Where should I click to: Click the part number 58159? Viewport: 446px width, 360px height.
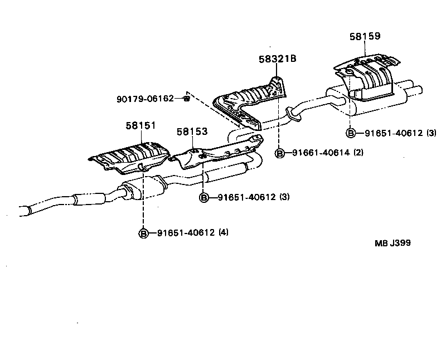(x=365, y=36)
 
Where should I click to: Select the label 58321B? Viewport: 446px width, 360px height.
(x=277, y=59)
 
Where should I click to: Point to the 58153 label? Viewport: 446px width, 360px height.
(x=192, y=132)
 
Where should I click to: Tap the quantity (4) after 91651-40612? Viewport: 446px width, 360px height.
(x=223, y=232)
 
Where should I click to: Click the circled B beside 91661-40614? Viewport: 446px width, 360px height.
(x=280, y=153)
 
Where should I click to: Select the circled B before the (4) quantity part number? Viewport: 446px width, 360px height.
(x=143, y=233)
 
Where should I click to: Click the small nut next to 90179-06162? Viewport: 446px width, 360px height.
(x=187, y=99)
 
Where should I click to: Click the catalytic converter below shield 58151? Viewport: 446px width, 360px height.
(x=139, y=189)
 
